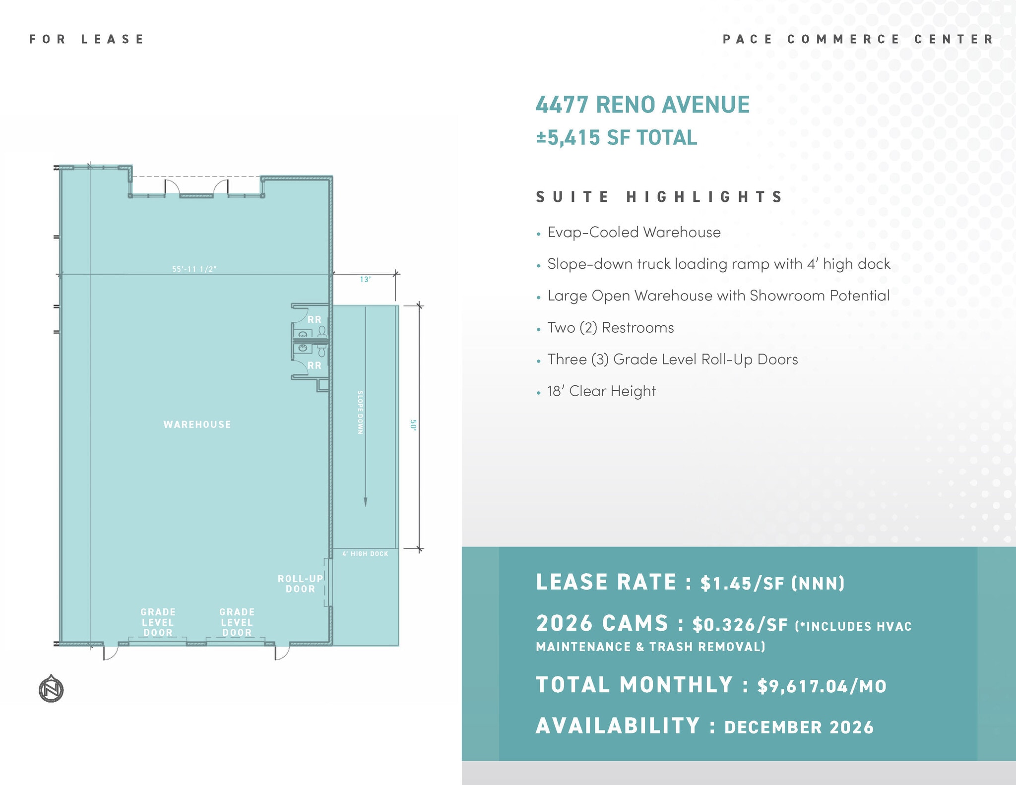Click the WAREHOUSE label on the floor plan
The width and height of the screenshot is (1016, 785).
tap(197, 424)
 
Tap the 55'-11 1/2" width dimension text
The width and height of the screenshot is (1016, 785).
tap(194, 269)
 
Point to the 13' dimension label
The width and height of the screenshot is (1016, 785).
tap(365, 280)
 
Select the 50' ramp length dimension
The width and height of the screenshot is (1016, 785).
tap(413, 425)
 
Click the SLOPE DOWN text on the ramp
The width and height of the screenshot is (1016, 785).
tap(361, 413)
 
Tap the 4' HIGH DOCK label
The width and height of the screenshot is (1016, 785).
tap(365, 554)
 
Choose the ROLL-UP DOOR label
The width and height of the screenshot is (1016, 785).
tap(300, 584)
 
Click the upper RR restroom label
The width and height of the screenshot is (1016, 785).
tap(315, 320)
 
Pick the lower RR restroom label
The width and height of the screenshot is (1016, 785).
tap(315, 365)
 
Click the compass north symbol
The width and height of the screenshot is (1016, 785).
tap(51, 689)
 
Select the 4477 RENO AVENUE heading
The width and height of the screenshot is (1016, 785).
tap(642, 105)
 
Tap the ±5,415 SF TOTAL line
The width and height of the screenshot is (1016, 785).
tap(616, 137)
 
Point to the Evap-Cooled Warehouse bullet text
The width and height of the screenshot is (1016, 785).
tap(634, 232)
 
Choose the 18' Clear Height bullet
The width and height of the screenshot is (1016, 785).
tap(601, 391)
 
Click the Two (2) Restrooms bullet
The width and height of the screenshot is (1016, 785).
tap(610, 328)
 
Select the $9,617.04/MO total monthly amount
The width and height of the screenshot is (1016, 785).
tap(822, 686)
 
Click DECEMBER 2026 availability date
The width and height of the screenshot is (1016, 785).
tap(799, 727)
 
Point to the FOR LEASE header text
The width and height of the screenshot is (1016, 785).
tap(86, 39)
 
